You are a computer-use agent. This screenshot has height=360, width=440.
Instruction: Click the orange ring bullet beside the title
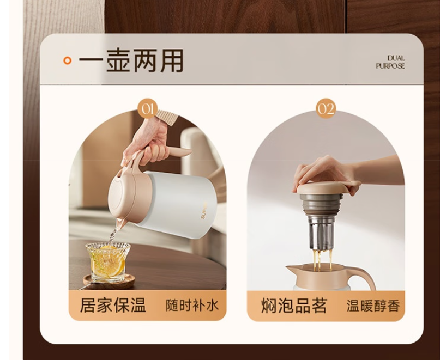point(68,60)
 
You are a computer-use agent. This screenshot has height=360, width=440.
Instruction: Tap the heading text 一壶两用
point(131,60)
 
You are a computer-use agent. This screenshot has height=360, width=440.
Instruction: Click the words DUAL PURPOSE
point(390,62)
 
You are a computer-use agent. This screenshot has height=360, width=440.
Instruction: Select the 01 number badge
point(148,108)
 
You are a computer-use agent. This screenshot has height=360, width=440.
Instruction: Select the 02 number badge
point(326,108)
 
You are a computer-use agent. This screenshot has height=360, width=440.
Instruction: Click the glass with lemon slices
point(108,261)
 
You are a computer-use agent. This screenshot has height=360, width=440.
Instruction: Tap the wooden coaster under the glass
point(109,281)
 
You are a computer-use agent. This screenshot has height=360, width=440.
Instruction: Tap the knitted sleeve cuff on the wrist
point(167,117)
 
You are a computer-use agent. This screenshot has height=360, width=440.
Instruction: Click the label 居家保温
point(113,305)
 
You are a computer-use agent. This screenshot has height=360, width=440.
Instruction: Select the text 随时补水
point(192,306)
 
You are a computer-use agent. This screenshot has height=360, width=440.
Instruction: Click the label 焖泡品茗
point(294,306)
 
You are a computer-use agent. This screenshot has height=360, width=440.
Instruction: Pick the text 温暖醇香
point(373,306)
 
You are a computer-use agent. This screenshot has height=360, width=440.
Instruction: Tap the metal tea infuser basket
point(321,233)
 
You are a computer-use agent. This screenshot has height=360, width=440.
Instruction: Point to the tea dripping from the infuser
point(322,260)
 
